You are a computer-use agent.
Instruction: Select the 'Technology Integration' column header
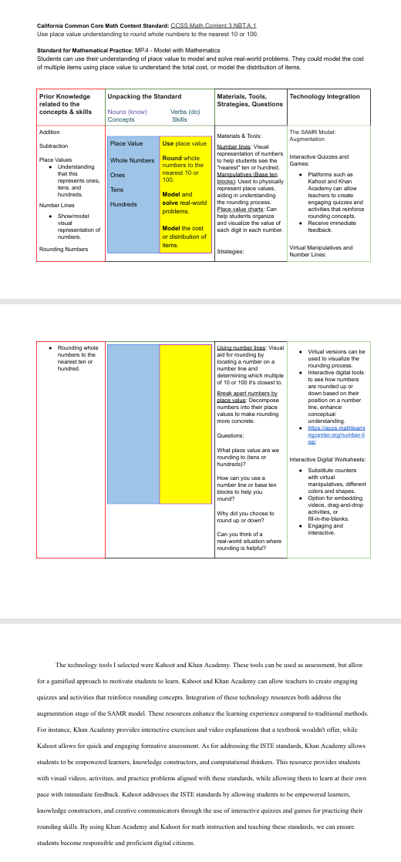pos(325,96)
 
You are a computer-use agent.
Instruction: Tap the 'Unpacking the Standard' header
pos(144,96)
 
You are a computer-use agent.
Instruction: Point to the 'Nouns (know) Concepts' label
pos(127,116)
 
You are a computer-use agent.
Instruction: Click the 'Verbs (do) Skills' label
pos(179,116)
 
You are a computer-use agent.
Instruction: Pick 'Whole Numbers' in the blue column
pos(133,160)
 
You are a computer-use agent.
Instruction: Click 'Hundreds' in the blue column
pos(123,205)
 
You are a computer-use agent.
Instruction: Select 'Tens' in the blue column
pos(117,190)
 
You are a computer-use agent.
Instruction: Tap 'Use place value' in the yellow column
pos(184,144)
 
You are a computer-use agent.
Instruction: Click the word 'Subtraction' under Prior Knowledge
pos(54,146)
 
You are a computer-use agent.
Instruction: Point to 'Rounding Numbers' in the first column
pos(63,249)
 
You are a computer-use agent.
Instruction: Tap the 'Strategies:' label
pos(231,251)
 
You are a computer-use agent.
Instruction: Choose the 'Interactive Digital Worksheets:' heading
pos(327,459)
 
